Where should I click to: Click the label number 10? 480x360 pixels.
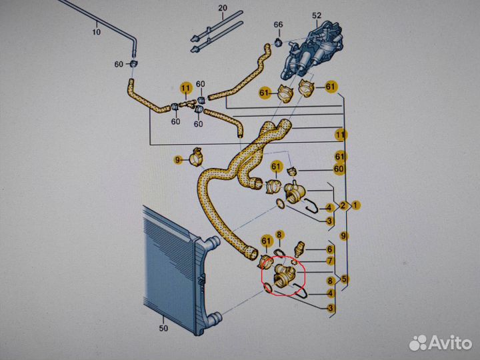96,31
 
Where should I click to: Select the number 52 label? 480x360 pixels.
317,15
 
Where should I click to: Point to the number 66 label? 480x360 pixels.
278,25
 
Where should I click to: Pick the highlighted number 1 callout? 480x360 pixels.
356,205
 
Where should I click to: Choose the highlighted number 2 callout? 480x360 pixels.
343,205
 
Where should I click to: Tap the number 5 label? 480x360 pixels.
343,279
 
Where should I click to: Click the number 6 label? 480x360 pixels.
329,249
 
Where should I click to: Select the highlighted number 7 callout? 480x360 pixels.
329,259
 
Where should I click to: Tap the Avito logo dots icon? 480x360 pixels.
418,342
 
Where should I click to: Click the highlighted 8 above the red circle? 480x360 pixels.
280,235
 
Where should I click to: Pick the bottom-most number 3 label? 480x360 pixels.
329,307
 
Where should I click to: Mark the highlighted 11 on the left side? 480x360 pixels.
185,87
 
